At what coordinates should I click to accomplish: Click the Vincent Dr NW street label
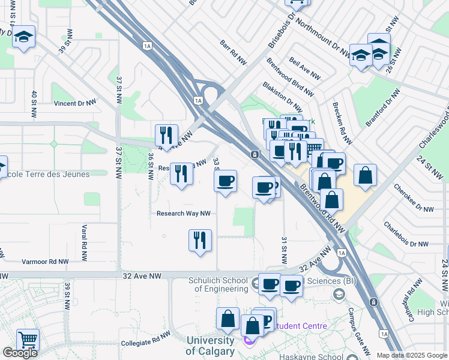click(75, 103)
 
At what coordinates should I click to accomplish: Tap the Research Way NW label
click(183, 213)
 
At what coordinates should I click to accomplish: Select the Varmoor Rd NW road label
click(45, 262)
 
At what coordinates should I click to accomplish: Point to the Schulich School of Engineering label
click(221, 284)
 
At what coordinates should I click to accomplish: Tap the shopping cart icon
click(28, 339)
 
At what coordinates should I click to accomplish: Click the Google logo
click(20, 353)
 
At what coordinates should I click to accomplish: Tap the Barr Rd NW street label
click(234, 53)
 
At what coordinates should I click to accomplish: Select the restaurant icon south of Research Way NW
click(200, 240)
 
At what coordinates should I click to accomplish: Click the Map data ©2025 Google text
click(411, 355)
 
